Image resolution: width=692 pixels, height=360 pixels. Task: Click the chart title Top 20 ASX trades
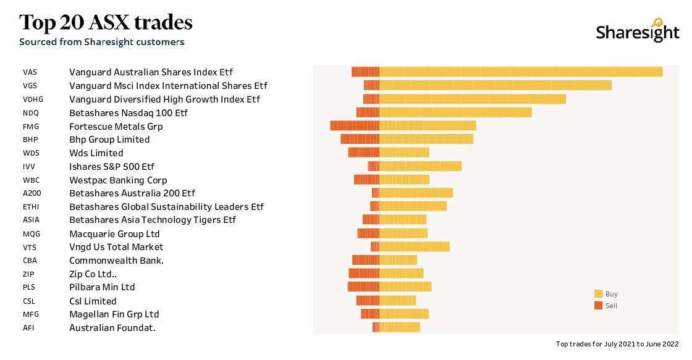pyautogui.click(x=106, y=22)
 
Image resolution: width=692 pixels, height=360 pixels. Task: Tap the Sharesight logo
pyautogui.click(x=637, y=31)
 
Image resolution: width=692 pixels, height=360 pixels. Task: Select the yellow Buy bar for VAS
pyautogui.click(x=521, y=72)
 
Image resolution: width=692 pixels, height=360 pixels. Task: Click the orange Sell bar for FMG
pyautogui.click(x=355, y=126)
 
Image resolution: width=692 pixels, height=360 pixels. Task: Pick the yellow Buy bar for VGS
pyautogui.click(x=496, y=85)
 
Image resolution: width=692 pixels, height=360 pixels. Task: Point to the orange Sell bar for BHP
pyautogui.click(x=360, y=140)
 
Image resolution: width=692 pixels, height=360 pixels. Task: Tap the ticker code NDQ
pyautogui.click(x=31, y=113)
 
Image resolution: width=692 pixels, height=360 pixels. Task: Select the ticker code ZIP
pyautogui.click(x=28, y=274)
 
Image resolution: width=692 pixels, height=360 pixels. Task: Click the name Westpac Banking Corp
pyautogui.click(x=118, y=180)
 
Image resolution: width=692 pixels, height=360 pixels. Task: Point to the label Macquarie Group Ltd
pyautogui.click(x=114, y=234)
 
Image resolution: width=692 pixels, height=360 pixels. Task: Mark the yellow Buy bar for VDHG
pyautogui.click(x=473, y=99)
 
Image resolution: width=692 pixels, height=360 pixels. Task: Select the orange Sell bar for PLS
pyautogui.click(x=363, y=287)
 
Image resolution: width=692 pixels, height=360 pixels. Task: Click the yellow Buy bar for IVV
pyautogui.click(x=420, y=166)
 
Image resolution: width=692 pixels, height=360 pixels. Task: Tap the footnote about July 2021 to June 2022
pyautogui.click(x=617, y=344)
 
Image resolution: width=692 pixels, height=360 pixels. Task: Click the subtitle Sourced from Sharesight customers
pyautogui.click(x=101, y=42)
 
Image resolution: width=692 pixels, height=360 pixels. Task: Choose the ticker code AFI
pyautogui.click(x=28, y=328)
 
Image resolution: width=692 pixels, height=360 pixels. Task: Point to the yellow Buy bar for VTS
pyautogui.click(x=415, y=247)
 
